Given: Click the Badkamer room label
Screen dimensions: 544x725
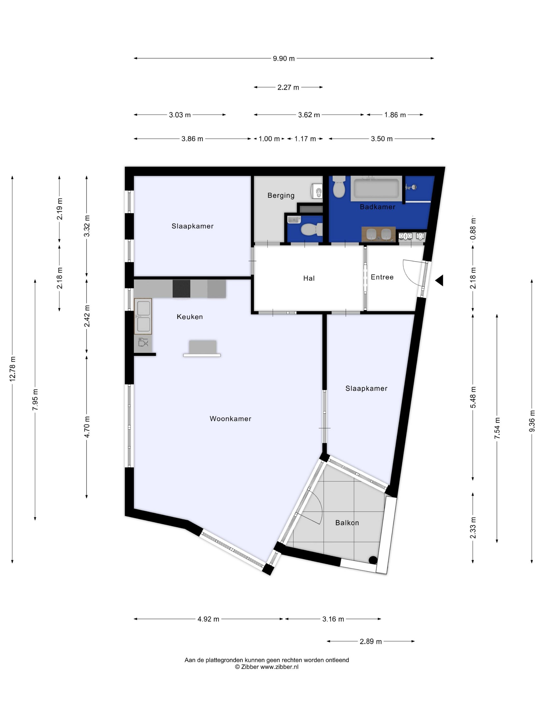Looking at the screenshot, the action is coord(377,207).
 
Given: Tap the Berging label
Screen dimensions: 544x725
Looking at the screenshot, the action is coord(281,195).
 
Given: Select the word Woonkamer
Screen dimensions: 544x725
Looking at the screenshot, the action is coord(231,418).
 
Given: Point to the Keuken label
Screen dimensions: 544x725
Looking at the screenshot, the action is coord(190,317).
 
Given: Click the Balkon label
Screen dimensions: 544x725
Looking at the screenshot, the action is coord(347,523).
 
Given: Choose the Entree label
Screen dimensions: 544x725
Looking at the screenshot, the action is coord(382,277).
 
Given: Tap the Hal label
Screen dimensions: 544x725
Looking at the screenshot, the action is coord(309,278).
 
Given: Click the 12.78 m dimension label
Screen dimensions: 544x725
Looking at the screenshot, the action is coord(12,368).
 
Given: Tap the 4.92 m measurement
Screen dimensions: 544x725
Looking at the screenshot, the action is coord(208,619).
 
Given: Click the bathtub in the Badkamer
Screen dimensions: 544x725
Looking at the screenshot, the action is coord(376,189).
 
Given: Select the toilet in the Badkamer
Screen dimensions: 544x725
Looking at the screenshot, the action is coord(339,187).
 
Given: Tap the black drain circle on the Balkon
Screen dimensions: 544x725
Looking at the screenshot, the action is coord(373,560).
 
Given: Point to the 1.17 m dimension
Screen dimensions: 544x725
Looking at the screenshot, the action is coord(305,139).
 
